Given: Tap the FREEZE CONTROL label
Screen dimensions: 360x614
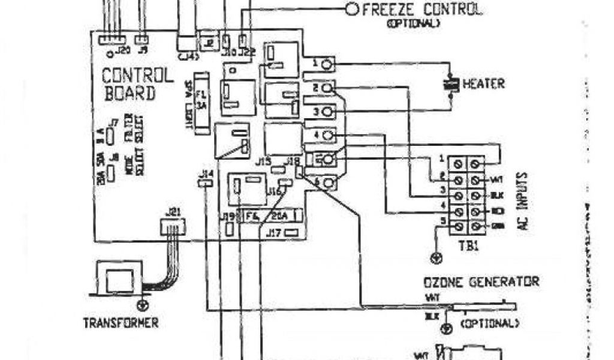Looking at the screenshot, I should (421, 10).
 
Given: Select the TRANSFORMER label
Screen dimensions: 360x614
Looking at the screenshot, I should (121, 323).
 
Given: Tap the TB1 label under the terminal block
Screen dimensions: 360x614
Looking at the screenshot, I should (470, 245).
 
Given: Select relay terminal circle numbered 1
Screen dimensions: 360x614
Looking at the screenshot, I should (327, 64).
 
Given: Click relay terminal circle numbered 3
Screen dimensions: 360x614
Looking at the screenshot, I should (327, 112).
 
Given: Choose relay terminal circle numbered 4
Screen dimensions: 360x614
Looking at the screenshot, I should (327, 136).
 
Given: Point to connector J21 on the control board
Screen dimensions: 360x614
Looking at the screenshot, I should (171, 226).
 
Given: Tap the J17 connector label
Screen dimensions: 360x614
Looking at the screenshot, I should (275, 231).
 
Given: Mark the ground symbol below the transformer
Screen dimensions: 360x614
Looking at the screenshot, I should (142, 304).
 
